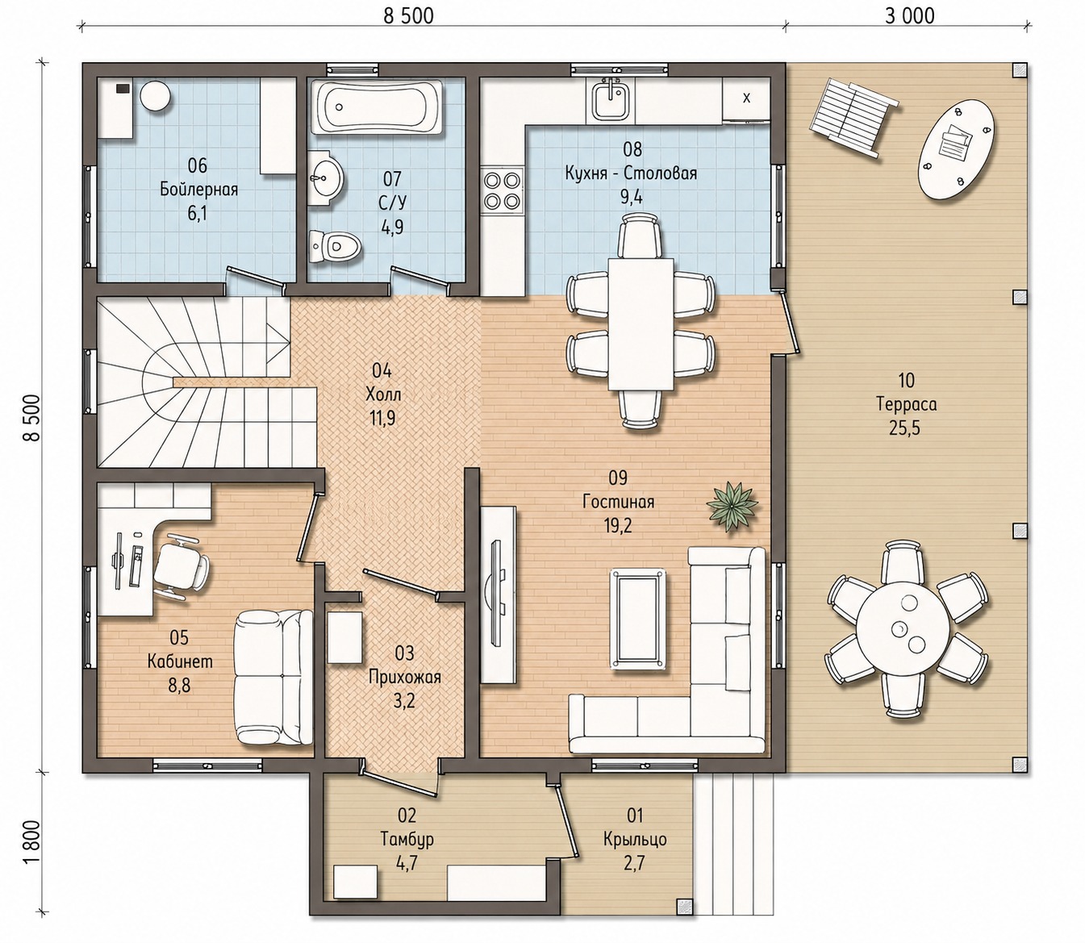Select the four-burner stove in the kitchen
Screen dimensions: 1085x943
[x=502, y=190]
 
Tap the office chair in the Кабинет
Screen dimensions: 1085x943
[x=182, y=567]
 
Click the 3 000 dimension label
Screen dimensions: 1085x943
[x=909, y=16]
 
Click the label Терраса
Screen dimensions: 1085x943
[x=907, y=404]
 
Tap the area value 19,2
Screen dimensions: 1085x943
[x=618, y=525]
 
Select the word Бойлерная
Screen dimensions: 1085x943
[x=198, y=190]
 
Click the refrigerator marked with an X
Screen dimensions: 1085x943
[x=745, y=98]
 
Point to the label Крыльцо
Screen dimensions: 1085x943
[x=635, y=839]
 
